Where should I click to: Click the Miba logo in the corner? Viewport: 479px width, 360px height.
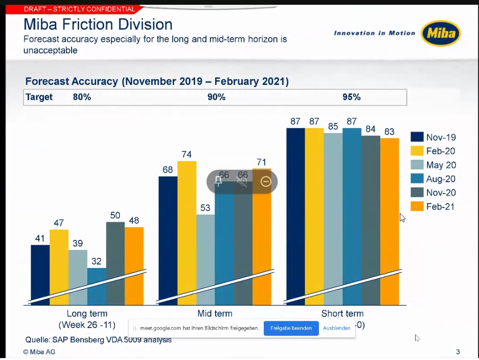tap(441, 33)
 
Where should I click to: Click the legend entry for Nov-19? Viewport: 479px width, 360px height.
tap(433, 137)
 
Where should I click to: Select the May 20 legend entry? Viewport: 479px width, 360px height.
tap(433, 165)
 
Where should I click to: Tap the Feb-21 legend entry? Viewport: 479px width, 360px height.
tap(433, 206)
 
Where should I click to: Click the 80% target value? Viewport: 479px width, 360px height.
tap(82, 97)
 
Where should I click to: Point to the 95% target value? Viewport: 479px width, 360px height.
tap(351, 97)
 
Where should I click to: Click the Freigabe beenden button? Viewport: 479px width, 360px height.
tap(291, 328)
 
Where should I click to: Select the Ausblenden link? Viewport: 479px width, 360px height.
tap(336, 328)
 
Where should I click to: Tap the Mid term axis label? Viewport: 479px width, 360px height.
tap(215, 313)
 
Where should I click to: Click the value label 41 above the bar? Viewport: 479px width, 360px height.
tap(40, 238)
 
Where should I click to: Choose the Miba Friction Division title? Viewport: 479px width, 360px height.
tap(98, 24)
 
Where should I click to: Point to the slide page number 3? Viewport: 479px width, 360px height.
tap(458, 352)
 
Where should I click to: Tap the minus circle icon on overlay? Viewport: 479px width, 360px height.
tap(266, 181)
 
